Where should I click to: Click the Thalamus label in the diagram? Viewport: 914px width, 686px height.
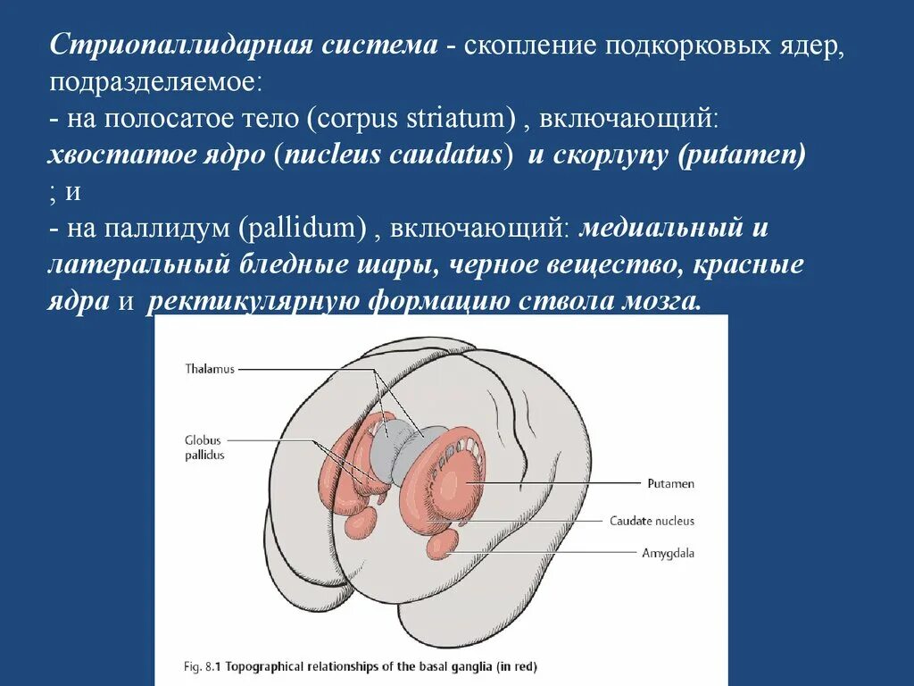click(210, 369)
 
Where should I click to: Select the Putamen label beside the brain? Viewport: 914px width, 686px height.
click(670, 484)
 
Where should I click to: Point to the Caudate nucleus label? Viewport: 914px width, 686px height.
click(652, 521)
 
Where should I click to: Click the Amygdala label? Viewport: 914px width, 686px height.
click(668, 553)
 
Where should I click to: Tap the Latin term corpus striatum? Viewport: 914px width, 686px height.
click(416, 119)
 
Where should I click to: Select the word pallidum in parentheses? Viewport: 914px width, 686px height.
click(303, 229)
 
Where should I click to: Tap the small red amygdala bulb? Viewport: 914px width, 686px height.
click(442, 542)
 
